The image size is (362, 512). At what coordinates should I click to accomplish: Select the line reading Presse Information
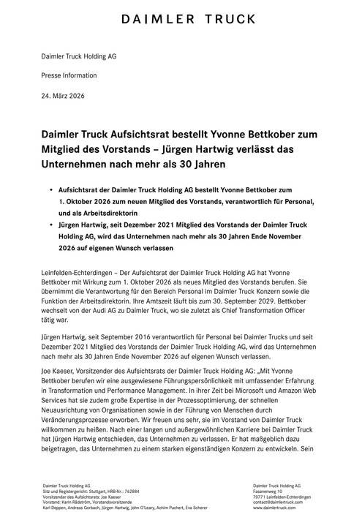coord(70,76)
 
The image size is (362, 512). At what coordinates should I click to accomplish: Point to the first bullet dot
coord(51,188)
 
